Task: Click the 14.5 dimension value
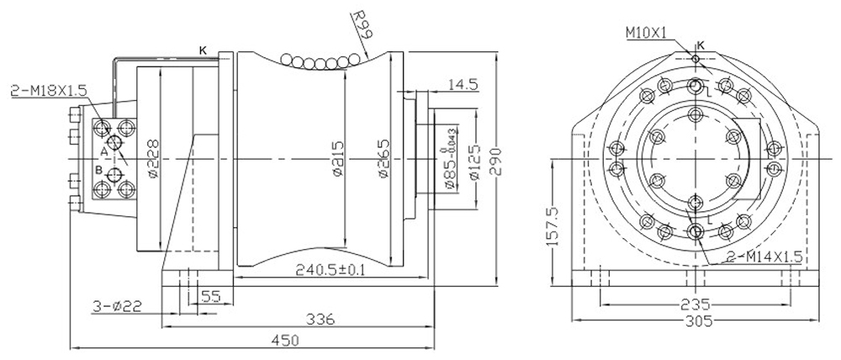click(x=463, y=84)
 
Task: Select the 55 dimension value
click(x=210, y=296)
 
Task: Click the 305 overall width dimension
click(x=695, y=321)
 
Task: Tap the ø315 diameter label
click(x=336, y=157)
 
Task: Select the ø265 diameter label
click(x=383, y=157)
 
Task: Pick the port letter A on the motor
click(x=103, y=151)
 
